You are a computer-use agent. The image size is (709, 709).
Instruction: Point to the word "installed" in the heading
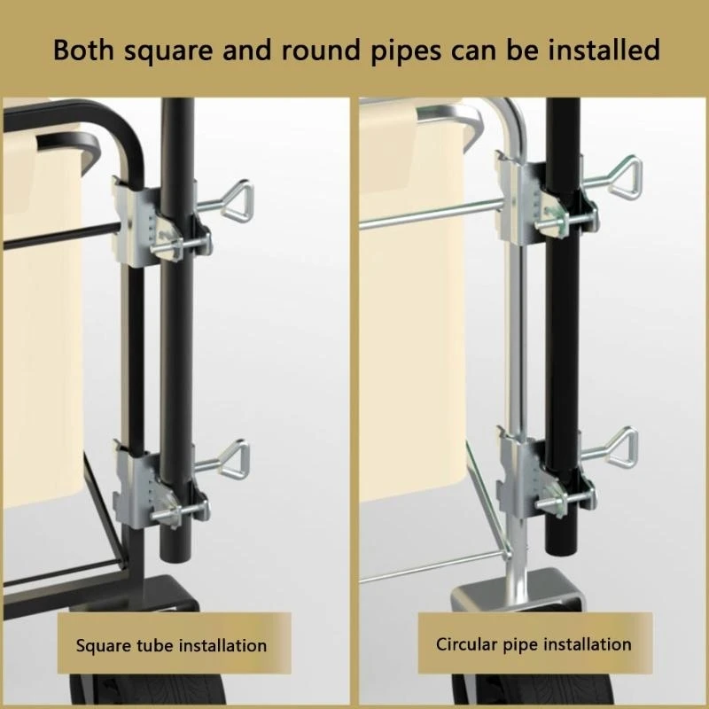coord(604,50)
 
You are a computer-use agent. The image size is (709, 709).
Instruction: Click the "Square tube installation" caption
coord(171,645)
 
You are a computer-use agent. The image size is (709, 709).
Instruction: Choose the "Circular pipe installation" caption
coord(534,644)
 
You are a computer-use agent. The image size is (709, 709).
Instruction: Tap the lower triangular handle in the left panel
coord(233,456)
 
